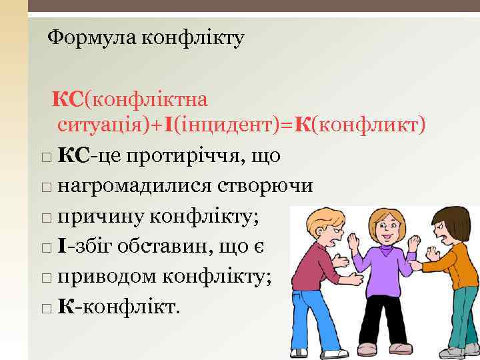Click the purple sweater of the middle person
385,273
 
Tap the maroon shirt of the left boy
313,267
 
